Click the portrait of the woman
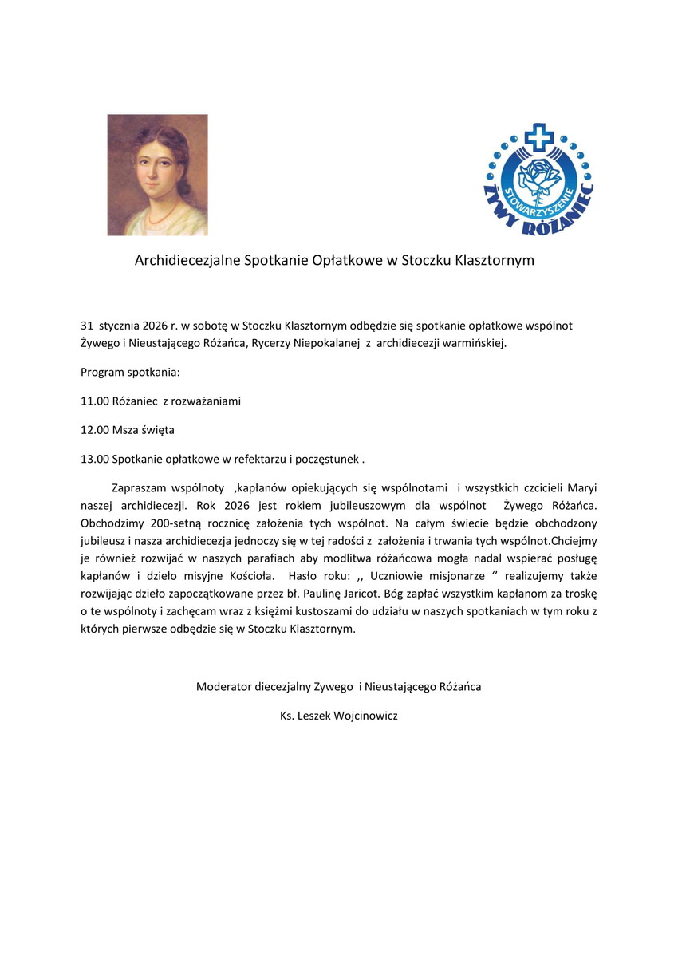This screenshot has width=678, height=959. click(157, 175)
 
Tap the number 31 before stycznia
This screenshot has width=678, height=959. click(87, 326)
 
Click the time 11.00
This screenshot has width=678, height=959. click(94, 401)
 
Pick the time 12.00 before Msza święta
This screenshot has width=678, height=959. click(94, 430)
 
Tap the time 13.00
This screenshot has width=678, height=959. click(94, 459)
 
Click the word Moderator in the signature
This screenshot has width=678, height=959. click(224, 686)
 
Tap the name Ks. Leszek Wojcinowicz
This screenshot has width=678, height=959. click(338, 716)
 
